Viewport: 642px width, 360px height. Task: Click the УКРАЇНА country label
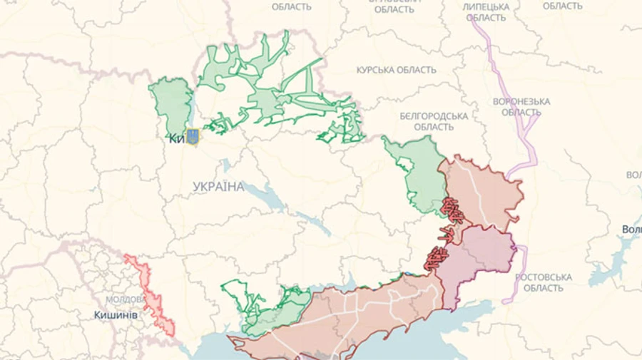pyautogui.click(x=218, y=187)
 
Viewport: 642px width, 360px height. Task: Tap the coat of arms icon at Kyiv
pyautogui.click(x=192, y=137)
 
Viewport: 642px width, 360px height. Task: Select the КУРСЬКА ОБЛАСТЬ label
pyautogui.click(x=396, y=70)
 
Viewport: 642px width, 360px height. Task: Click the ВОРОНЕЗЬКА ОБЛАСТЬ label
pyautogui.click(x=521, y=107)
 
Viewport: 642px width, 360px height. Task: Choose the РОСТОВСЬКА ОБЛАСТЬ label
pyautogui.click(x=543, y=282)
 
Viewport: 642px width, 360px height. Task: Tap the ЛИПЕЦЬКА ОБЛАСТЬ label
pyautogui.click(x=486, y=11)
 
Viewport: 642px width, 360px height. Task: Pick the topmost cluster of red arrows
pyautogui.click(x=452, y=210)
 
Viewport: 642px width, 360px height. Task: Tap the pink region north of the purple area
pyautogui.click(x=481, y=189)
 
